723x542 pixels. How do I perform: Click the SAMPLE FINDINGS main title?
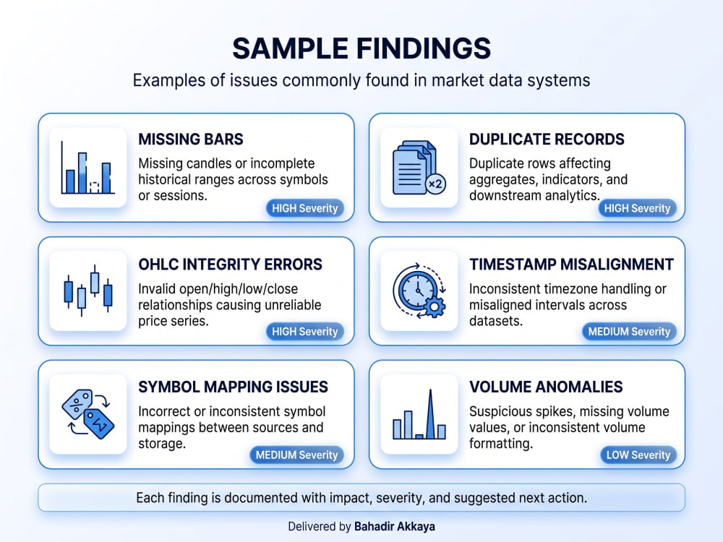click(361, 48)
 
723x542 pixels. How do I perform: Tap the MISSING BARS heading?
click(191, 139)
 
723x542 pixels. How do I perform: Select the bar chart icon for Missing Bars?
click(87, 168)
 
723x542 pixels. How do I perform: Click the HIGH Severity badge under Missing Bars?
click(305, 208)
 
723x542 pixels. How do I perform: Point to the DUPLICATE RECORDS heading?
click(547, 139)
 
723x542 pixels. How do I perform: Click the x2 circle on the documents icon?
click(436, 184)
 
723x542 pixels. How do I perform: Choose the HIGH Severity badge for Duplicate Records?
click(637, 208)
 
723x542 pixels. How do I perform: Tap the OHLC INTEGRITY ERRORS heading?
click(230, 264)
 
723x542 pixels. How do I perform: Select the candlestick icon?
click(87, 291)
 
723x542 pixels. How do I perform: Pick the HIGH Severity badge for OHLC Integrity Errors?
click(305, 332)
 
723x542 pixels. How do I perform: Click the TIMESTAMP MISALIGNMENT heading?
click(571, 264)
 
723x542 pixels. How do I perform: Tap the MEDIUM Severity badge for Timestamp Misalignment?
click(629, 332)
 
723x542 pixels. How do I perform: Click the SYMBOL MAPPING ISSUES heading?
click(233, 387)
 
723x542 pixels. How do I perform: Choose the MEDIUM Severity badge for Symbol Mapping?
click(296, 455)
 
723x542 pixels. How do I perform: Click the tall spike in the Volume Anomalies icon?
click(430, 414)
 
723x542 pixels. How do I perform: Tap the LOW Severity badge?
click(638, 455)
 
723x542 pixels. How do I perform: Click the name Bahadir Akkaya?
click(394, 526)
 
